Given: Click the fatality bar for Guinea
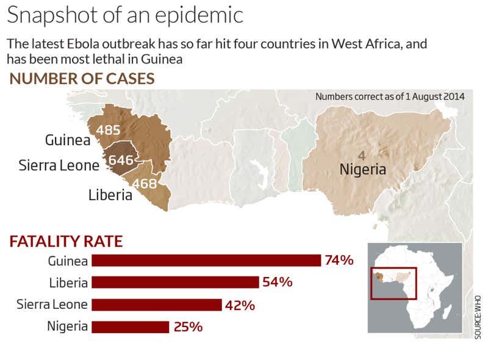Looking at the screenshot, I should click(x=206, y=261).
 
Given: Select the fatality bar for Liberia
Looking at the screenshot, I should click(x=175, y=283).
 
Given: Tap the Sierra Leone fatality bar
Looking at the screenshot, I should click(x=156, y=304).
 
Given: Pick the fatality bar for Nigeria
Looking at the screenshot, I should click(x=130, y=326).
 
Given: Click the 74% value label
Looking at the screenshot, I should click(x=339, y=261).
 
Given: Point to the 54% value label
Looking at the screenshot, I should click(x=278, y=283).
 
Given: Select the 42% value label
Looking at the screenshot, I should click(x=240, y=305).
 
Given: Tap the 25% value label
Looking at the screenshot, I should click(x=188, y=327).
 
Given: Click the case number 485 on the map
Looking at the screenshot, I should click(x=108, y=130).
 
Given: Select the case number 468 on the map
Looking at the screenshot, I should click(x=145, y=183).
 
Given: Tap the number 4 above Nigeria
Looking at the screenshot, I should click(x=362, y=155).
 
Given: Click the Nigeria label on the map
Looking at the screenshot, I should click(x=363, y=169).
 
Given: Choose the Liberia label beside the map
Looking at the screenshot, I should click(x=110, y=195).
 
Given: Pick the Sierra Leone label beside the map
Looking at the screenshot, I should click(x=59, y=165).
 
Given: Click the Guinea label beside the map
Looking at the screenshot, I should click(x=68, y=140).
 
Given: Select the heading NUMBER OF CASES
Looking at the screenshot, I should click(x=82, y=79).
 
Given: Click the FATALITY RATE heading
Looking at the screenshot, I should click(x=66, y=241).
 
